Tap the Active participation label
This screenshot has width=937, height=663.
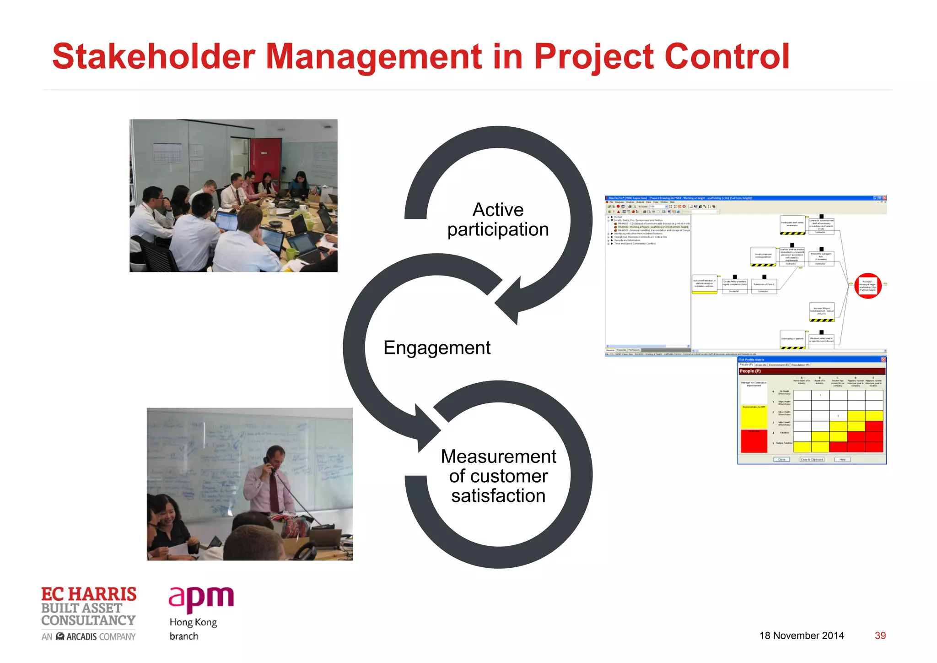tap(498, 220)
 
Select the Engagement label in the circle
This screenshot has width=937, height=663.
tap(437, 348)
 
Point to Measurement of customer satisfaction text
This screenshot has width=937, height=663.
tap(498, 476)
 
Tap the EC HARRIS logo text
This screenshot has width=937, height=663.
tap(89, 594)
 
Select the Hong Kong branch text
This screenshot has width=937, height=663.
tap(193, 629)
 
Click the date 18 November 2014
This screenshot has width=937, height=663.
tap(802, 636)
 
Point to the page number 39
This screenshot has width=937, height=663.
tap(880, 636)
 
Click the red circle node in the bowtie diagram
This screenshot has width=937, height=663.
tap(867, 286)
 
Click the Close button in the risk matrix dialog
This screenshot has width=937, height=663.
tap(781, 459)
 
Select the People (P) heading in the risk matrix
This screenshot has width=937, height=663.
tap(750, 371)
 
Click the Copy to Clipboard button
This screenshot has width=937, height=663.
tap(812, 459)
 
